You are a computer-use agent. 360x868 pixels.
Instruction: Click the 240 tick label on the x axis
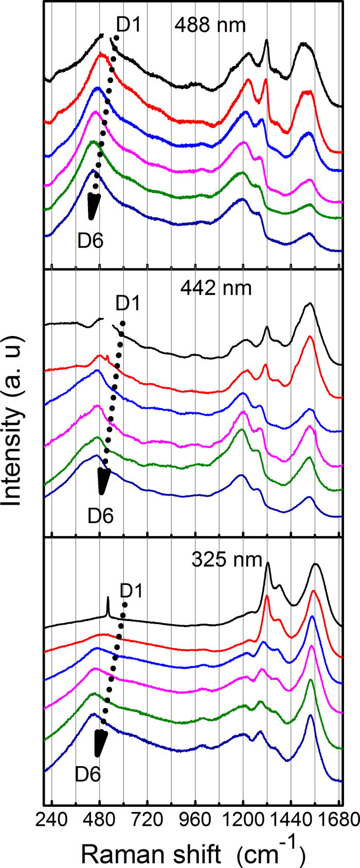click(51, 818)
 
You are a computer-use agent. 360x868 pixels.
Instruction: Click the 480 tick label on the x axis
click(99, 818)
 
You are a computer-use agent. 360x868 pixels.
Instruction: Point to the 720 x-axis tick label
click(147, 818)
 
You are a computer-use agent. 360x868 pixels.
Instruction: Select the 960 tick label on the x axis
click(195, 818)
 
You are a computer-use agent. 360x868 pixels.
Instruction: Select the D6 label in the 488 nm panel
click(90, 240)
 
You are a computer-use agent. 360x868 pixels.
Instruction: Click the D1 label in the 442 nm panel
click(128, 303)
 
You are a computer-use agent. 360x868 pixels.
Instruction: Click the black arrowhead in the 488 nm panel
click(93, 206)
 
